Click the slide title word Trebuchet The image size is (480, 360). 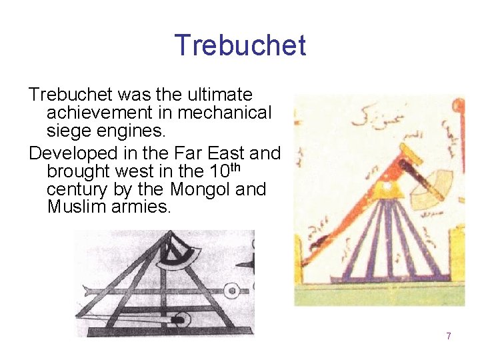click(240, 45)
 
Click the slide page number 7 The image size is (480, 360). click(449, 336)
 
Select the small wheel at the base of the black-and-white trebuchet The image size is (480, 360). click(178, 321)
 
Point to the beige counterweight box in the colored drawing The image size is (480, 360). click(429, 183)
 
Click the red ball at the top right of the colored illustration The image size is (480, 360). click(458, 105)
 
